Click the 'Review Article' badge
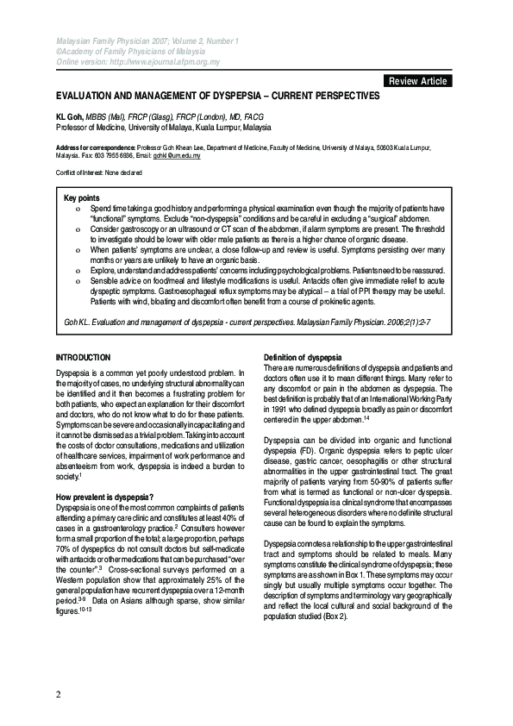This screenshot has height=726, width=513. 418,81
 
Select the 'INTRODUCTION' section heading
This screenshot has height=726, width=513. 83,357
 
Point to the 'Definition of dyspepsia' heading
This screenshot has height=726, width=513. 303,357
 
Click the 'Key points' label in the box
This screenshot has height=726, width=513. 83,198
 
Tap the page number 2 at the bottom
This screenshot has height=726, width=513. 58,695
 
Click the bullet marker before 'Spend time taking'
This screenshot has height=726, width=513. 78,209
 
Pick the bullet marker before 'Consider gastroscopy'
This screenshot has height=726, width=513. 78,232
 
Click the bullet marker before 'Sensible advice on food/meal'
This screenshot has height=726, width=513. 78,282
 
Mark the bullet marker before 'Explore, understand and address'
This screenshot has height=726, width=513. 78,271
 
